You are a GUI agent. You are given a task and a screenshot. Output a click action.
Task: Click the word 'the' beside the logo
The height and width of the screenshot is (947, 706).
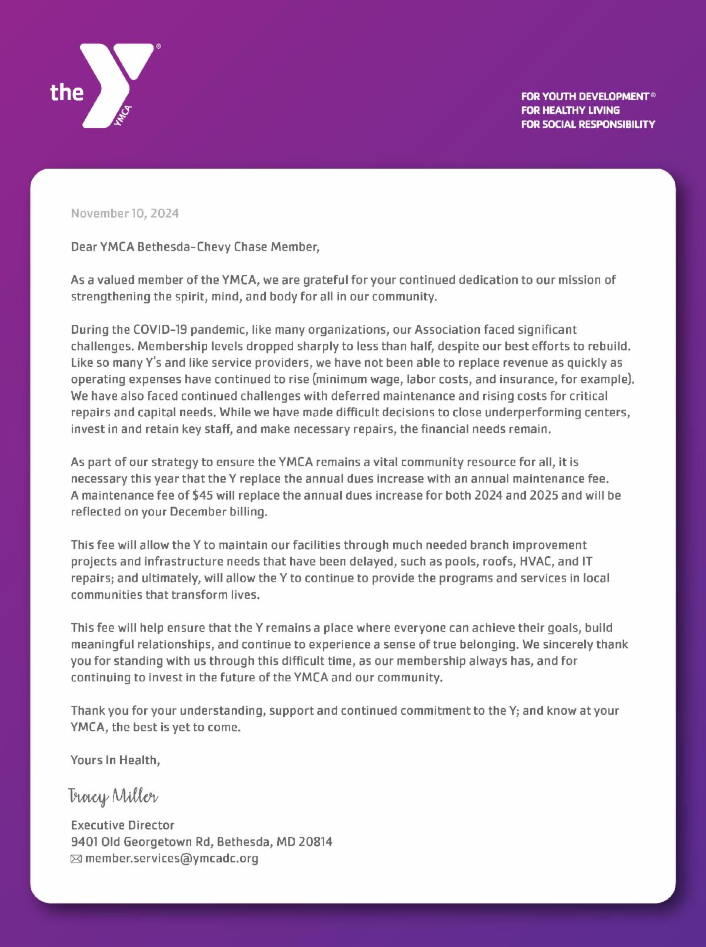(66, 92)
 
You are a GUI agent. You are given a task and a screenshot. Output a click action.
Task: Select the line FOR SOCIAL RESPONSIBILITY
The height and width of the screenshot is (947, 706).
(587, 124)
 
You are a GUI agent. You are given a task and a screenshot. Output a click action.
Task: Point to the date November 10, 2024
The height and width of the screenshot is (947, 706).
(125, 213)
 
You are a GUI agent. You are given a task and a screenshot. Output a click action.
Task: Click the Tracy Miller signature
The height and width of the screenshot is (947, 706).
(114, 797)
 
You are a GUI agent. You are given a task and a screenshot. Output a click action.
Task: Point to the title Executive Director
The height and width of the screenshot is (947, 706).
(122, 825)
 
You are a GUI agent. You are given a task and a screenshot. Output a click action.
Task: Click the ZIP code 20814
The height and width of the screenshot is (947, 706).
(315, 842)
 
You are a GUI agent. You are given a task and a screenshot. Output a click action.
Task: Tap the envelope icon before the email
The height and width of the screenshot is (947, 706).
(76, 859)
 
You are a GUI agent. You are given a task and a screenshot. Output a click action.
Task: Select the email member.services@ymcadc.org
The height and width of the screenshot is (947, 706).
(172, 858)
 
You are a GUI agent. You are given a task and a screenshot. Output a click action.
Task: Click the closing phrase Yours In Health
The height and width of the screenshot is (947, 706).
(115, 759)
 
